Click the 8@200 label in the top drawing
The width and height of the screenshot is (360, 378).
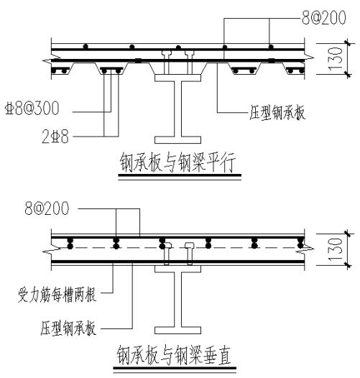(324, 17)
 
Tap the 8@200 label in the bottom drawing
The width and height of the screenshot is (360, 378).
(47, 208)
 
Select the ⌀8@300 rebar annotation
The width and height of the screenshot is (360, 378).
(32, 109)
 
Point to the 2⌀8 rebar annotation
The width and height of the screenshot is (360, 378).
(55, 137)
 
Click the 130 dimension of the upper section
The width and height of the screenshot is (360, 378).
(336, 59)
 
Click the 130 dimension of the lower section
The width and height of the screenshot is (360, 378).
(336, 249)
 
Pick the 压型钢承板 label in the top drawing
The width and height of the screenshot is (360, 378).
(277, 113)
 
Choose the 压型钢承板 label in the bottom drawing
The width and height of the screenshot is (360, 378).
(68, 328)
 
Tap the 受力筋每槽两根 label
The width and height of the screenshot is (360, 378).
(57, 295)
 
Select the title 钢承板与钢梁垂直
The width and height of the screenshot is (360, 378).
(174, 355)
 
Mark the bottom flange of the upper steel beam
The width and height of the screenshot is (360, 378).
(177, 140)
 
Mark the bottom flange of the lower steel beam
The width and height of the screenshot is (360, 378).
(177, 331)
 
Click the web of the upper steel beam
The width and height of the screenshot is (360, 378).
(177, 109)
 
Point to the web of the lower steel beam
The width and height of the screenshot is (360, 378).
(177, 300)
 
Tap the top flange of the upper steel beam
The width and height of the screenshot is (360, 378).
(177, 78)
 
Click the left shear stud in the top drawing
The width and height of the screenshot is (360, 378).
(167, 63)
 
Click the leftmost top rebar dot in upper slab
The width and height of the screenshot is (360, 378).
(85, 46)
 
